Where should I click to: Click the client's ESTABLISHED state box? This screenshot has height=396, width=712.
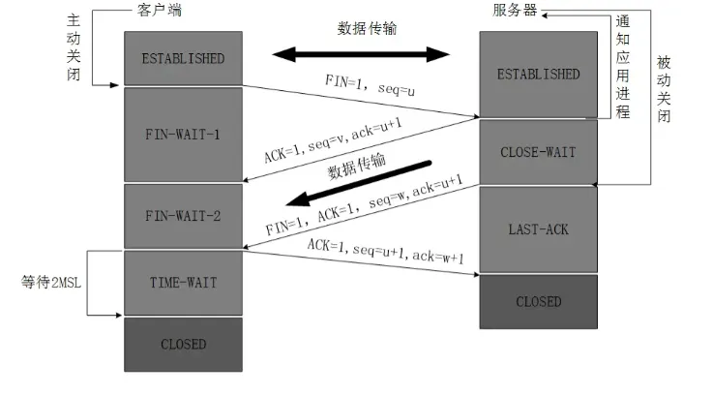183,58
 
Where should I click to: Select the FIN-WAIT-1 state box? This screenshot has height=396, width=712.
183,134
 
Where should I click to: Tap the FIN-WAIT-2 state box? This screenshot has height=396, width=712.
183,216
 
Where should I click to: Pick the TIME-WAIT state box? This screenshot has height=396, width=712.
183,282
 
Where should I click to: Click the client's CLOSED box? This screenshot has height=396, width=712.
183,344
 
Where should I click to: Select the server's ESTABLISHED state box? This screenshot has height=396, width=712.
538,75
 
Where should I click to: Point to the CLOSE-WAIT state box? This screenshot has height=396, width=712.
538,152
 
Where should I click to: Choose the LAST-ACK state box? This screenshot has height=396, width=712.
538,229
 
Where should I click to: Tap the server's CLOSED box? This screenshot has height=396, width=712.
538,301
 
